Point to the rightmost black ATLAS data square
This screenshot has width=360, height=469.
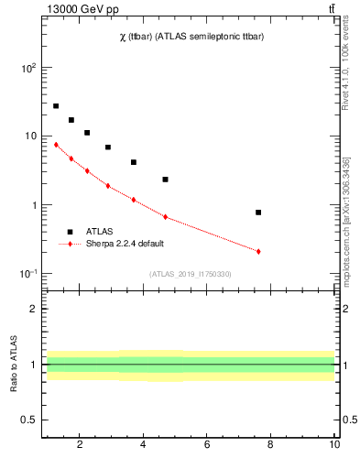(x=258, y=213)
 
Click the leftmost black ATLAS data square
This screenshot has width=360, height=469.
(x=56, y=106)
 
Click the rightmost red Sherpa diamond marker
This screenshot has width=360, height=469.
(x=258, y=251)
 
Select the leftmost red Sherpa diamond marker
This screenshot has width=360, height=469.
(x=56, y=145)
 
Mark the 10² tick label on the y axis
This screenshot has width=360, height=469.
(x=28, y=68)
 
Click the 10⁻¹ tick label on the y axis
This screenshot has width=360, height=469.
(x=28, y=274)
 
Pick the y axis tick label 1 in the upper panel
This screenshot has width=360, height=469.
(x=32, y=205)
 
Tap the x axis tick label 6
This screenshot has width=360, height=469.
(x=207, y=444)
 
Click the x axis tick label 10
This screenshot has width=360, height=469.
(x=334, y=444)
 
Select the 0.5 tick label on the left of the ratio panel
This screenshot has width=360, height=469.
(x=27, y=420)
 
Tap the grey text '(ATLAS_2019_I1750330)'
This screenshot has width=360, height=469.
(x=190, y=274)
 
